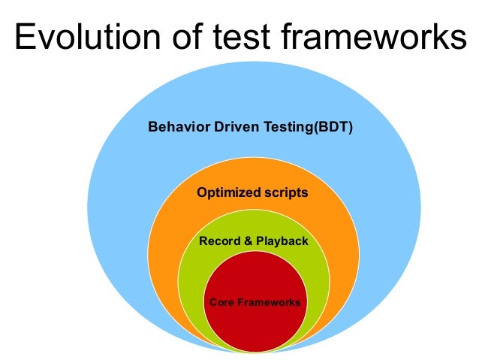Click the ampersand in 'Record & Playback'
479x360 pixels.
(246, 241)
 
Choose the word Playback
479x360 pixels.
(281, 241)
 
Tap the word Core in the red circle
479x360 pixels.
(221, 302)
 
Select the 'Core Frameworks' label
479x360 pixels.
(255, 302)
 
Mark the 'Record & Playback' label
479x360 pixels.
(253, 241)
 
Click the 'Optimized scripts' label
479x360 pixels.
(252, 193)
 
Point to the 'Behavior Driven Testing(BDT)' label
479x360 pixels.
(250, 127)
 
